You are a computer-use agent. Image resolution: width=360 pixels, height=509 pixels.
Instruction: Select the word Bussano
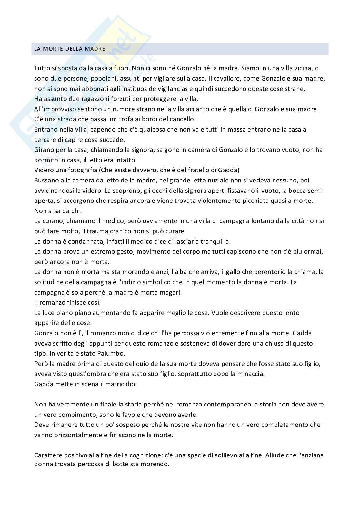click(45, 180)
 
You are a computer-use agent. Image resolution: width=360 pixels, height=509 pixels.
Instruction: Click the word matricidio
click(119, 384)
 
